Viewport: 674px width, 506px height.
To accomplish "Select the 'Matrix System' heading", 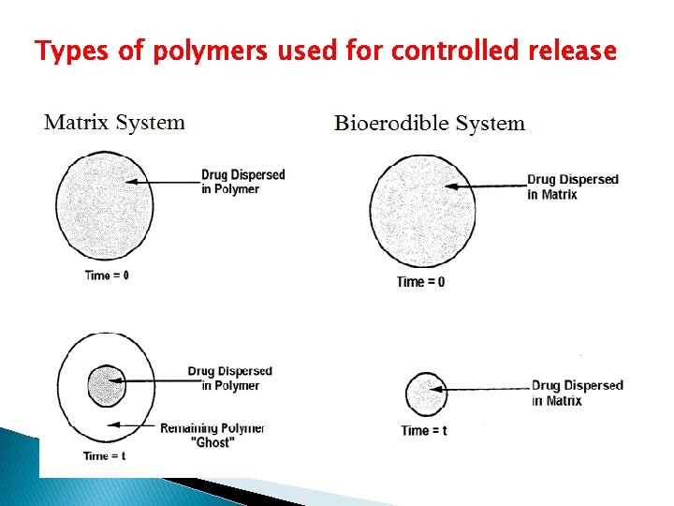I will (115, 123).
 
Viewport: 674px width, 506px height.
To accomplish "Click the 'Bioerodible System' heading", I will (430, 124).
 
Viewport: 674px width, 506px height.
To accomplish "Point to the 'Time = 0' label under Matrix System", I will (107, 275).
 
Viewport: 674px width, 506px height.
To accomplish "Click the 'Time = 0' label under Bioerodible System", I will (420, 282).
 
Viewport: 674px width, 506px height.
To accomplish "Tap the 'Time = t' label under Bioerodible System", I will (423, 431).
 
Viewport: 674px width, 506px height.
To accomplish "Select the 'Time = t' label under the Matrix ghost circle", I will (104, 455).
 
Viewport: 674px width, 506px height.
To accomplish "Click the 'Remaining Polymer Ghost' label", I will (212, 435).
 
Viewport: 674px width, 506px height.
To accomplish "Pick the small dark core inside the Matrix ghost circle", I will (106, 387).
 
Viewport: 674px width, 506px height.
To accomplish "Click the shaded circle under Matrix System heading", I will (104, 207).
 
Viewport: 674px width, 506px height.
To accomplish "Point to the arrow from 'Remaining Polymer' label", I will (131, 425).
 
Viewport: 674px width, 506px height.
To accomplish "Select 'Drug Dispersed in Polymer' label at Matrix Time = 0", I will (242, 182).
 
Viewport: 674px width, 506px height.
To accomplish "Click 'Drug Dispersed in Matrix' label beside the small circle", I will (577, 393).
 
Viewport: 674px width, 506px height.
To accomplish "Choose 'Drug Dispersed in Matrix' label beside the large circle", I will (572, 186).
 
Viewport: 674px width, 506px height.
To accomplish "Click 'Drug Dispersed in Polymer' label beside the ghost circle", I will (229, 379).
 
